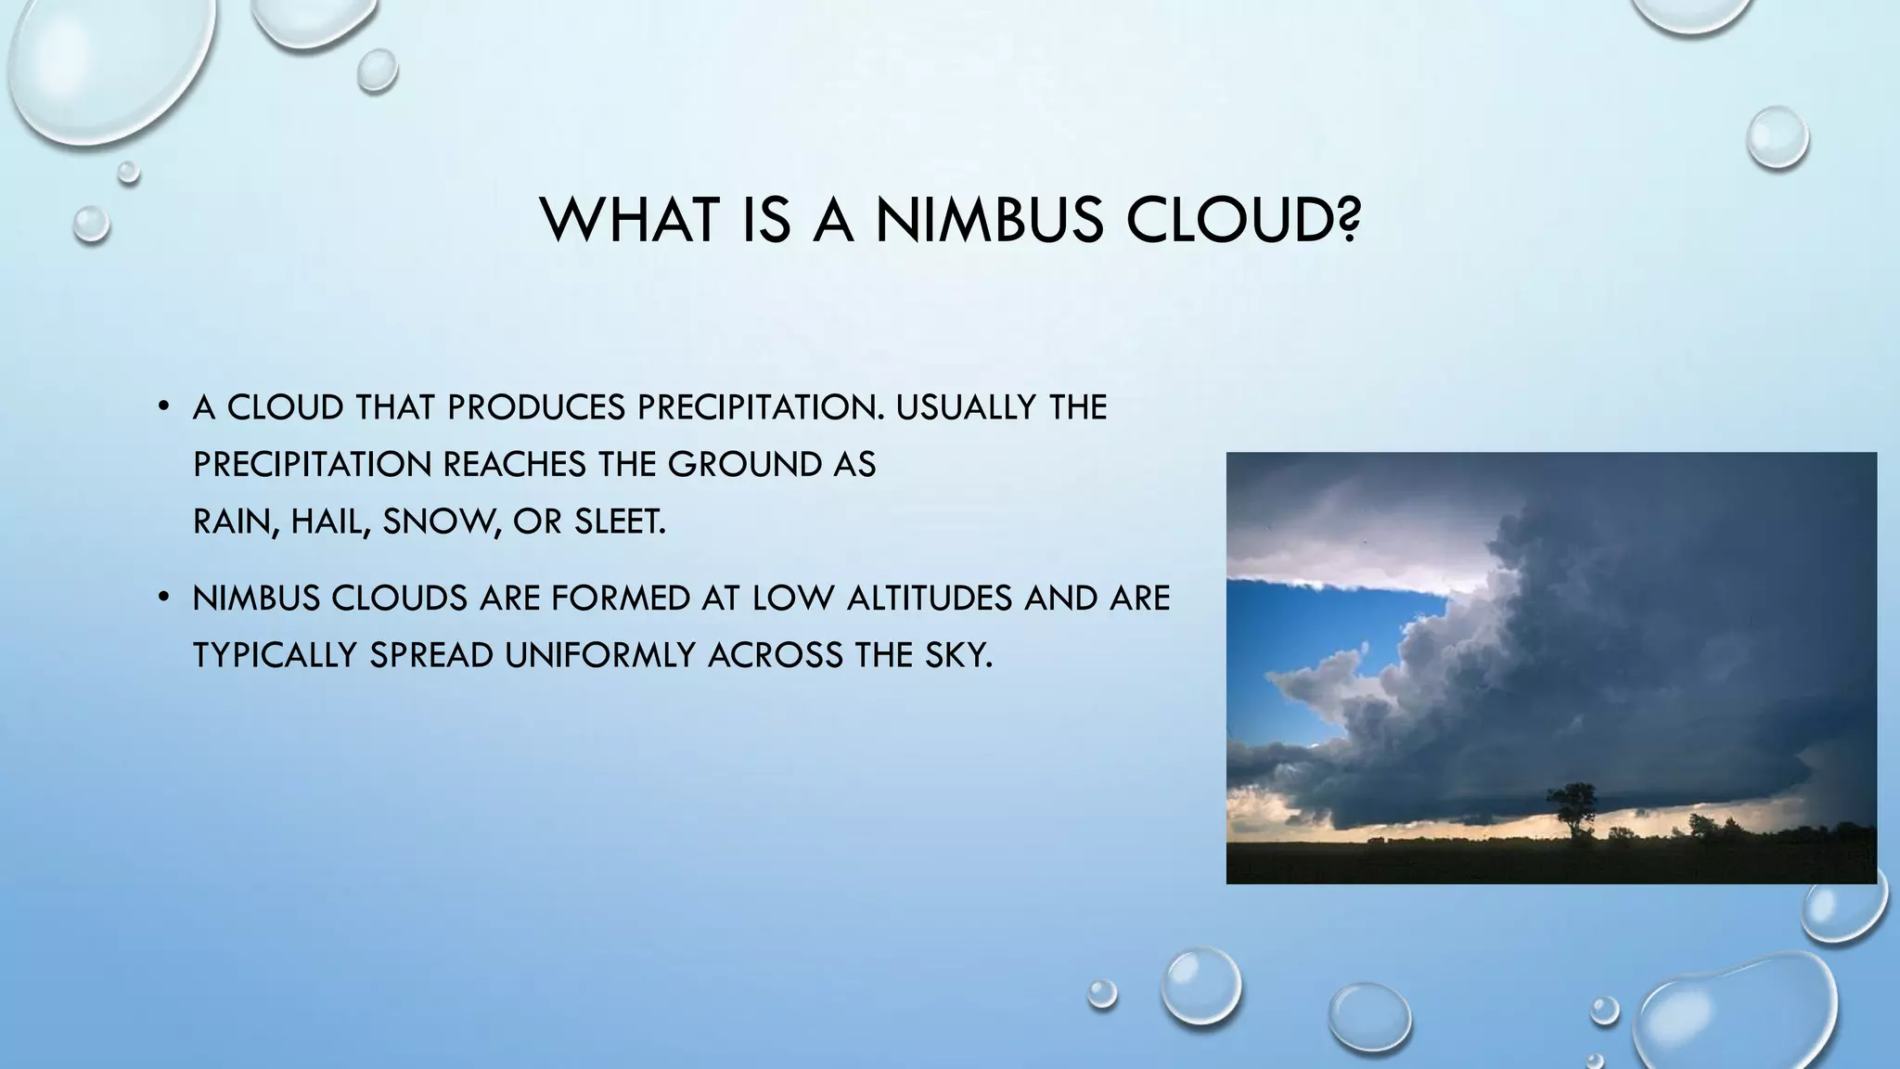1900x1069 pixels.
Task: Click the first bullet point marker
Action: click(x=162, y=406)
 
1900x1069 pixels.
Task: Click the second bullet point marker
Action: click(x=162, y=597)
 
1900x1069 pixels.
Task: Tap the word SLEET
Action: click(x=619, y=522)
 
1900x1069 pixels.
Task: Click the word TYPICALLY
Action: click(x=276, y=655)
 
